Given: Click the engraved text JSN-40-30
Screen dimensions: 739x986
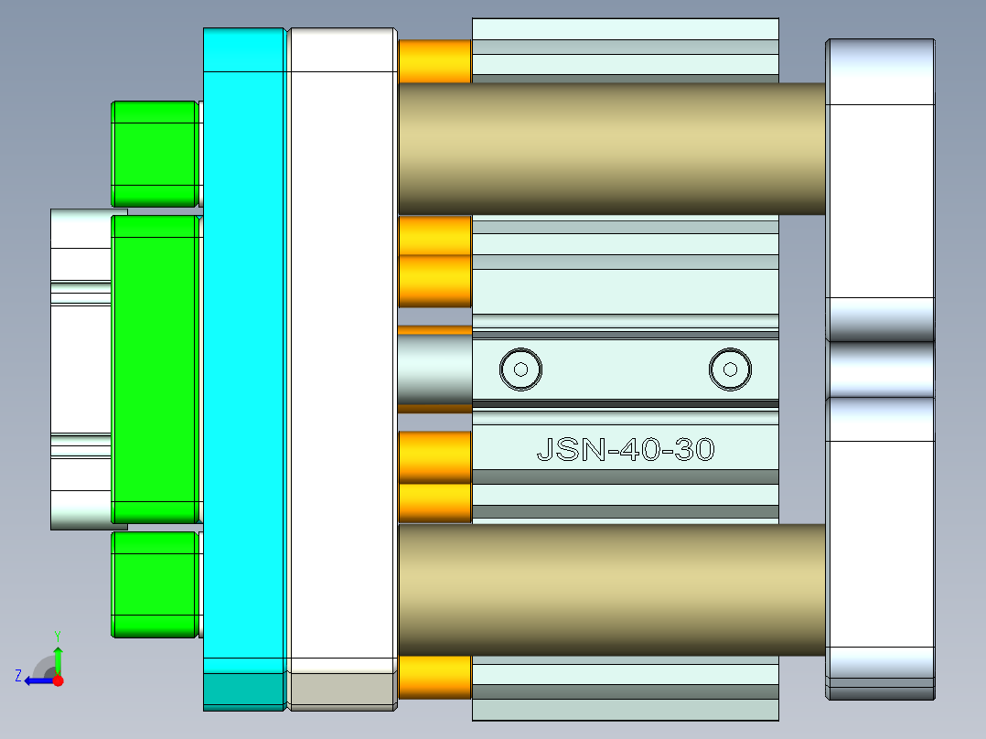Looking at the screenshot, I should point(625,450).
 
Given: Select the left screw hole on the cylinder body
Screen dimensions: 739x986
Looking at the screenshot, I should point(520,369).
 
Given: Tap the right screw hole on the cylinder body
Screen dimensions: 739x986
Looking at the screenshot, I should point(730,369).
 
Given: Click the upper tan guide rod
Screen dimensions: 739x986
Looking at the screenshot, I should point(611,148).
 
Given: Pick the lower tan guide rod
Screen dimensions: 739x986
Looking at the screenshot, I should point(611,589).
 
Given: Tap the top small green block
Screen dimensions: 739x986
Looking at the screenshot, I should point(154,153).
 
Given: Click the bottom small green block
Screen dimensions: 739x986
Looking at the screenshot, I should point(154,584).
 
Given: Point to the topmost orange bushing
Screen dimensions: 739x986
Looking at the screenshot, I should point(434,61).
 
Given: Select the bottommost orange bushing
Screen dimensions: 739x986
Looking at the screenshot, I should point(434,677).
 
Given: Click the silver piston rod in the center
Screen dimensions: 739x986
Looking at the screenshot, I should point(434,369).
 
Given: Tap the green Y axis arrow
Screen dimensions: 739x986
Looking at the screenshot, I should point(58,659).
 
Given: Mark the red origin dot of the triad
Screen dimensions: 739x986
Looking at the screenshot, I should point(58,680).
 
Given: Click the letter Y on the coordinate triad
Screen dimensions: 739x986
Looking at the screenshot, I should point(57,635).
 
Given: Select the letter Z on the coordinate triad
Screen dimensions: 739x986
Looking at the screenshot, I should point(18,676).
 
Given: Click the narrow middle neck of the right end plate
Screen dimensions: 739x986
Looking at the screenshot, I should point(880,369).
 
